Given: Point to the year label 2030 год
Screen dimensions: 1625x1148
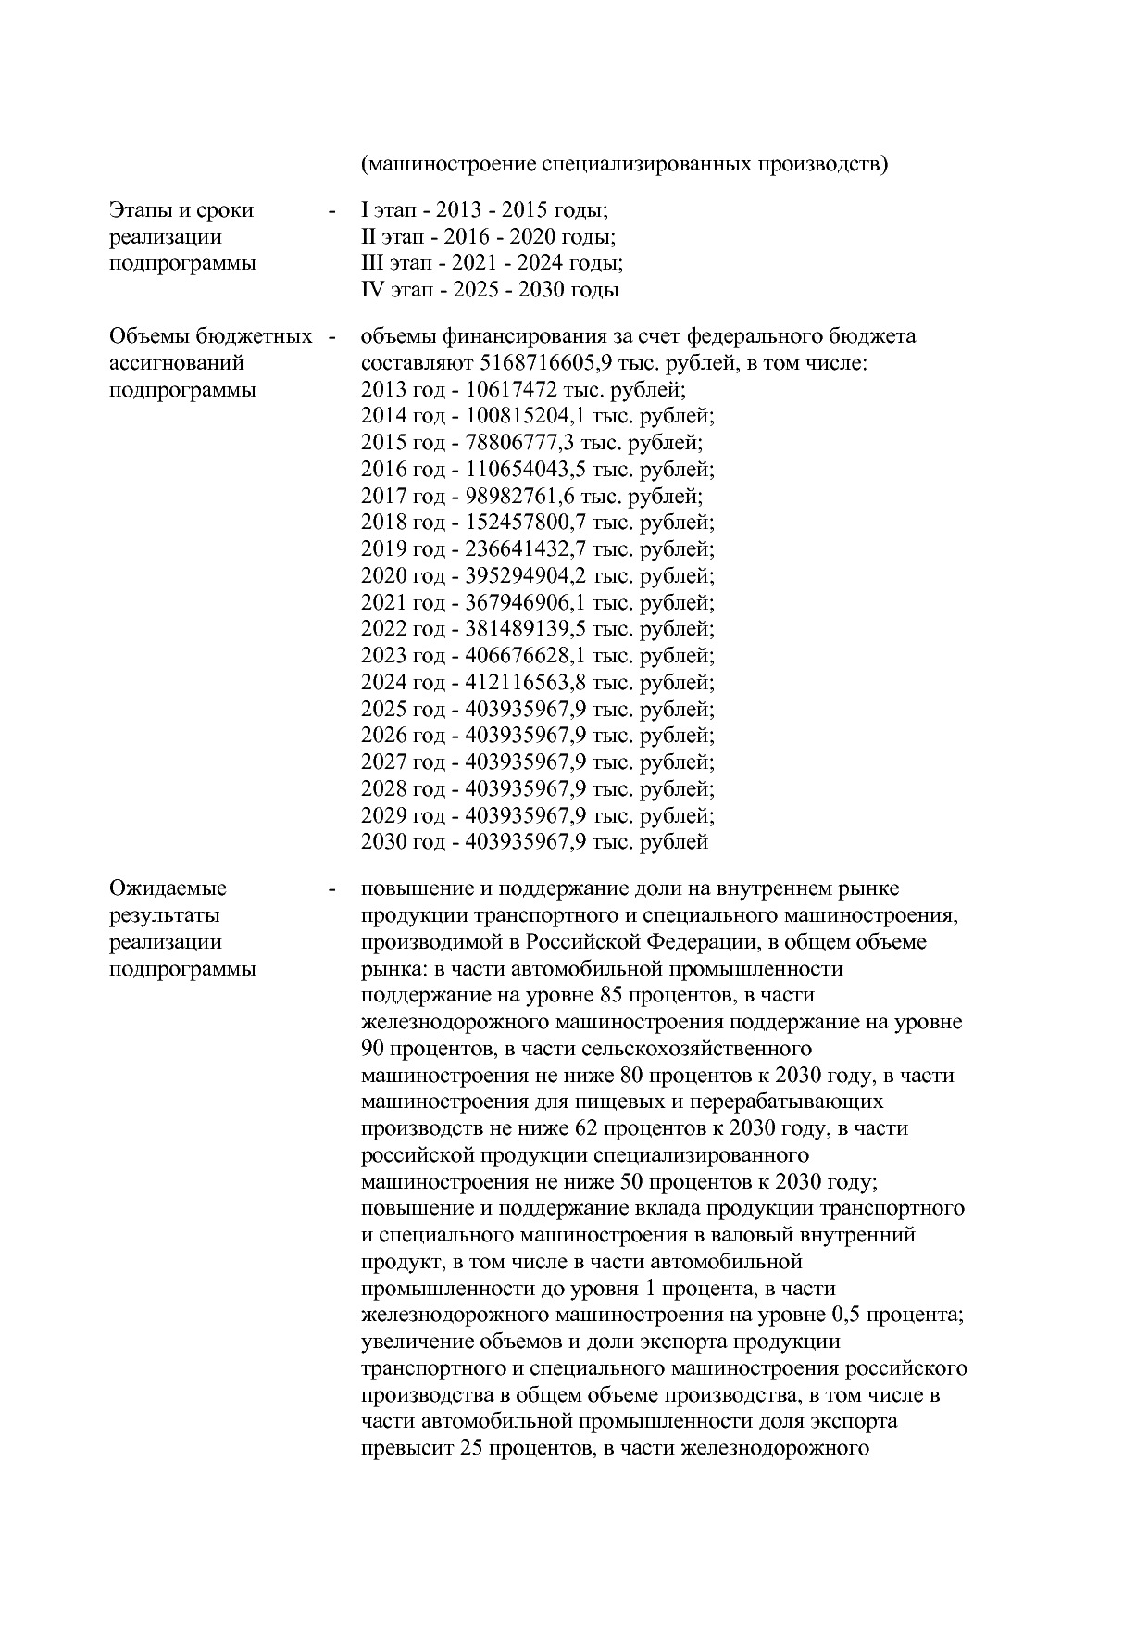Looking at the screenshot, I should [404, 842].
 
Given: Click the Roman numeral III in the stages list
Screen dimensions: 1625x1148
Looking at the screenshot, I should [369, 263].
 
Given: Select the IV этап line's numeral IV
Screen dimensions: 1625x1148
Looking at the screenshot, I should [371, 290].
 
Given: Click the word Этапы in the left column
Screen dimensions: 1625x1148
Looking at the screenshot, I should [142, 210].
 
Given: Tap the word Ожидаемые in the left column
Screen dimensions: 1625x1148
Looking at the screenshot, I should [168, 888].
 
